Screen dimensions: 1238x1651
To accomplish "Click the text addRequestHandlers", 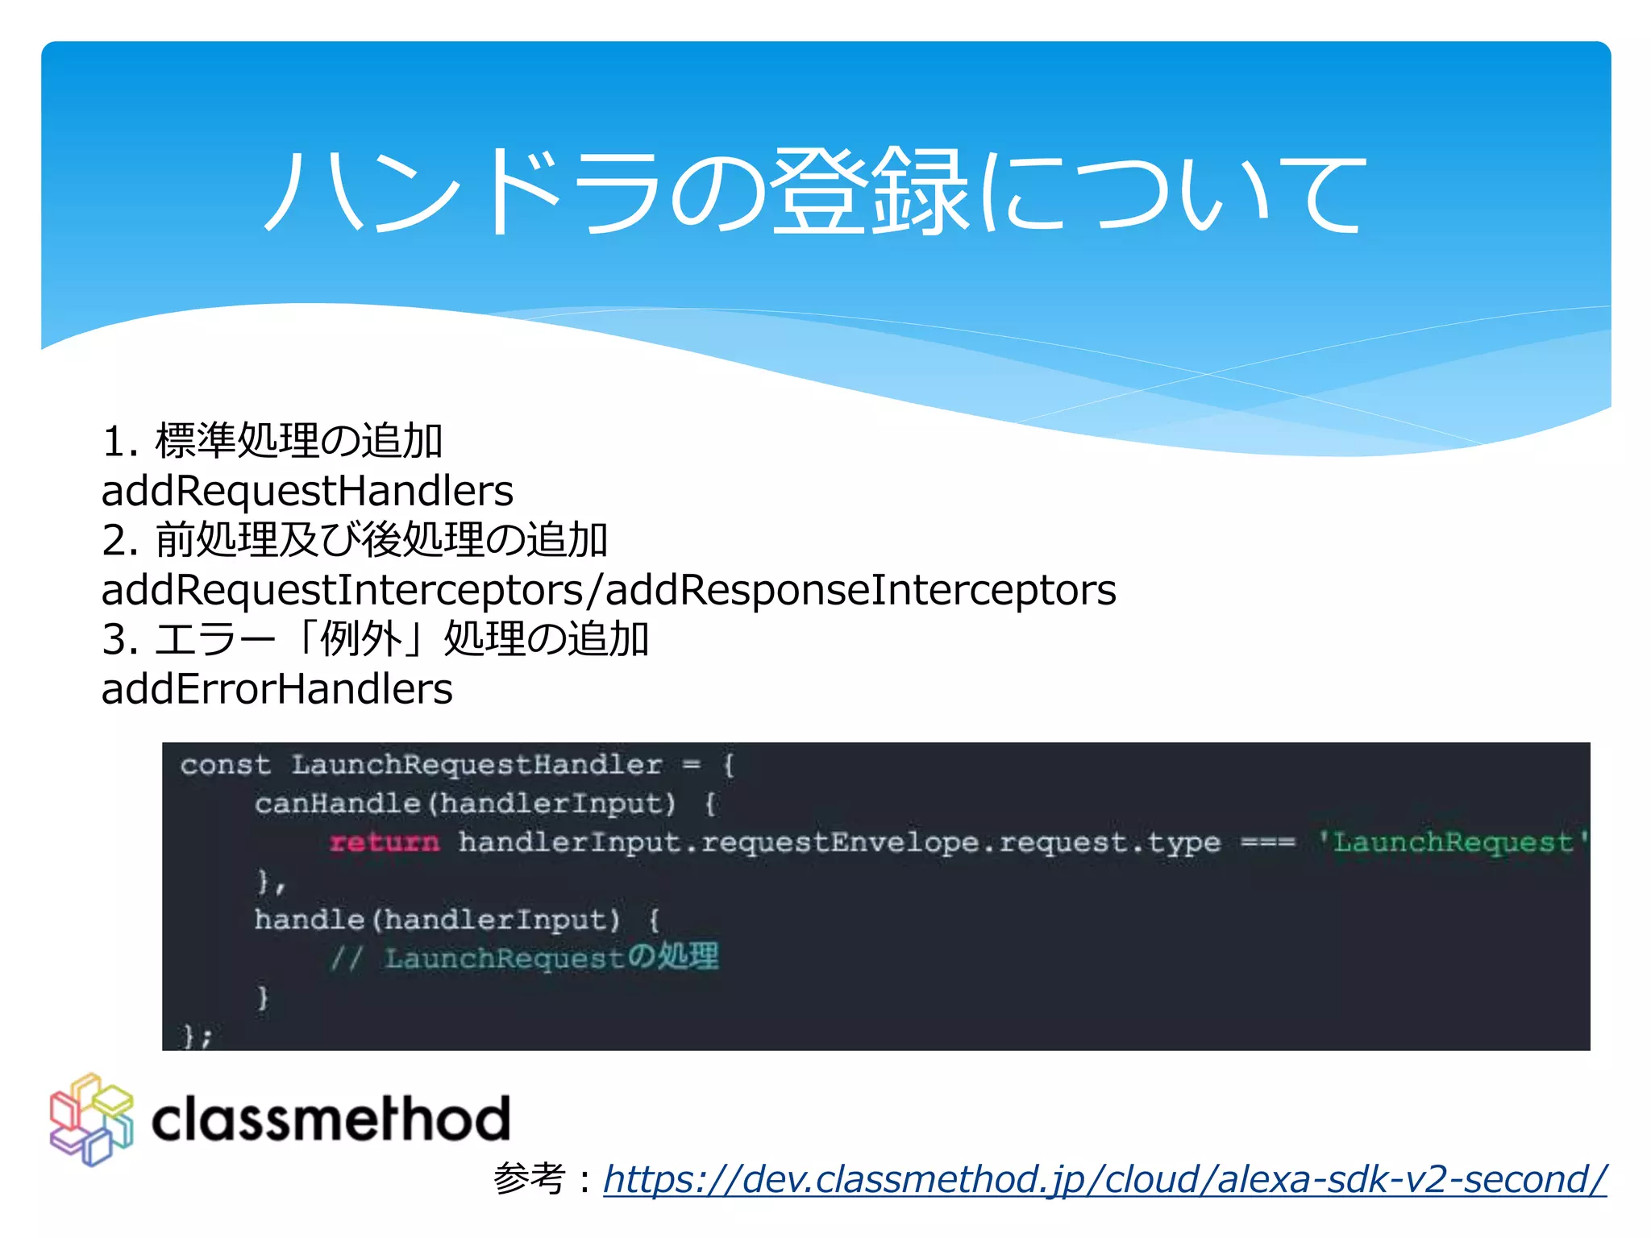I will [x=307, y=491].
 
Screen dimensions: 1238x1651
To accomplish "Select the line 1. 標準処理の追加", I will [x=272, y=441].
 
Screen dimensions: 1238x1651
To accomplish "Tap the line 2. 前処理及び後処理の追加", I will [x=355, y=540].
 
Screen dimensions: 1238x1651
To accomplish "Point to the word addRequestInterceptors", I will [x=342, y=590].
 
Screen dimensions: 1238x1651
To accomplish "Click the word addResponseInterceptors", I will [x=861, y=590].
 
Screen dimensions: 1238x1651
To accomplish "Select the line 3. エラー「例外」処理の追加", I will [x=376, y=639].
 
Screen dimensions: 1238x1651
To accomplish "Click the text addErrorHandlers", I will [x=277, y=689].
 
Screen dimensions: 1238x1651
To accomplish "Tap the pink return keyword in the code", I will [x=385, y=842].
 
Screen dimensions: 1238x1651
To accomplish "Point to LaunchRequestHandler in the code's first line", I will [x=476, y=764].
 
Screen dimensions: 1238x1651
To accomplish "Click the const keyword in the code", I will [x=225, y=764].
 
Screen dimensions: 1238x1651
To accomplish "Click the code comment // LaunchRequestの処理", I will [x=524, y=958].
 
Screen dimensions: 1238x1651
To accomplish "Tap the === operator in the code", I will [x=1267, y=842].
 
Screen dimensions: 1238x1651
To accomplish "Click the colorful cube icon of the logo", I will [x=91, y=1120].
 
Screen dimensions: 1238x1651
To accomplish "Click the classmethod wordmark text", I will [x=331, y=1120].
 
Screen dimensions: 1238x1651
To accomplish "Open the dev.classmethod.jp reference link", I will [x=1104, y=1179].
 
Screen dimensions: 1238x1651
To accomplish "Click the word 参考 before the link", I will [x=529, y=1179].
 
